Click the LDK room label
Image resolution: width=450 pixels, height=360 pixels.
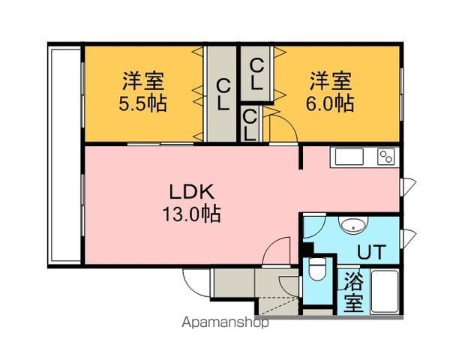[192, 192]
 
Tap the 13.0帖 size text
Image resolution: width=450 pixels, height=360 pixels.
[192, 214]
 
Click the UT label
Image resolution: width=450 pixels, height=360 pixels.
[372, 252]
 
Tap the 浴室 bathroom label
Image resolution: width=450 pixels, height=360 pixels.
[353, 292]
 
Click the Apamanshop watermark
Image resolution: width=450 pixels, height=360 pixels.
[225, 322]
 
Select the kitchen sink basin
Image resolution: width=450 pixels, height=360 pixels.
[349, 157]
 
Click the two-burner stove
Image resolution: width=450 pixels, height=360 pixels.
[386, 157]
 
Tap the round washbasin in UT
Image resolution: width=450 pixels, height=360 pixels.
[353, 224]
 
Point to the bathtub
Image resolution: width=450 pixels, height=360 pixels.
[385, 292]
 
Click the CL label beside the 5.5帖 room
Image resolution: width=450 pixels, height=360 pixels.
[223, 94]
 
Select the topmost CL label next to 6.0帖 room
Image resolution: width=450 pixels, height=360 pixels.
[256, 73]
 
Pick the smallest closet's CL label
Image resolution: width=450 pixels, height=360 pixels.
[250, 125]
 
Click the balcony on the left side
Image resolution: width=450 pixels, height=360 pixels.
[65, 155]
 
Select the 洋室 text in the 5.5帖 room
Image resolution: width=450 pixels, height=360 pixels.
[143, 81]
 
